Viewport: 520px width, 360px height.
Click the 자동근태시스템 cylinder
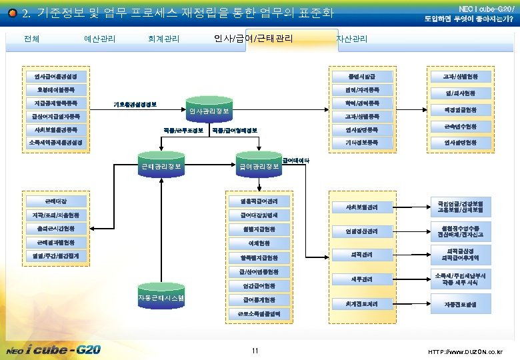point(160,297)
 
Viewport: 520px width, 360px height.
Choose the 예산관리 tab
point(100,39)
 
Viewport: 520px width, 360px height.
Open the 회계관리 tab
point(163,39)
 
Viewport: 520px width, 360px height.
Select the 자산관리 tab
point(352,39)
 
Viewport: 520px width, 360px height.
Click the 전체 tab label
point(31,39)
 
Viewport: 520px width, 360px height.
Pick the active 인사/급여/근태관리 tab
point(253,38)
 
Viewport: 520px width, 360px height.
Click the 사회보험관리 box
point(363,207)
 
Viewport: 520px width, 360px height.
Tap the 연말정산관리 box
point(363,231)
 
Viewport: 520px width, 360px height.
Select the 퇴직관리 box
point(363,255)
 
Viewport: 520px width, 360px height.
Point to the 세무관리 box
point(363,279)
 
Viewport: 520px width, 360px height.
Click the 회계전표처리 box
point(363,303)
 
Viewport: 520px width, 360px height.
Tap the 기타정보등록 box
point(363,143)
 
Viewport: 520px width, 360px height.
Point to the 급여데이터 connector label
point(296,161)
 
